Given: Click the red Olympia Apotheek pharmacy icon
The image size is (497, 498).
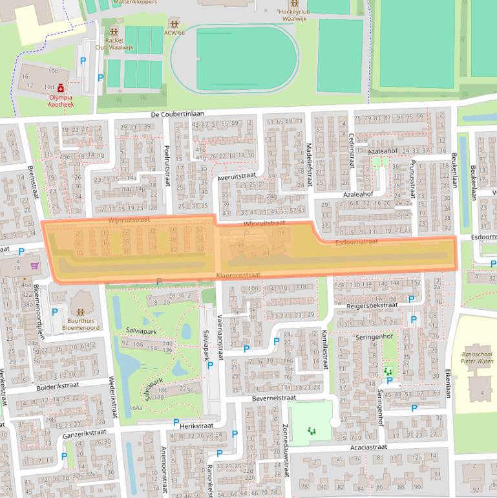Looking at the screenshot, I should [x=60, y=87].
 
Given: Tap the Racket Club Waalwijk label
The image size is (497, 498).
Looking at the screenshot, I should [x=114, y=43].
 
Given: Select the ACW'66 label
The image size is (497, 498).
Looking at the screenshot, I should [x=174, y=32].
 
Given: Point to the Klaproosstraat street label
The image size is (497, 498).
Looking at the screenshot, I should [x=238, y=275].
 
